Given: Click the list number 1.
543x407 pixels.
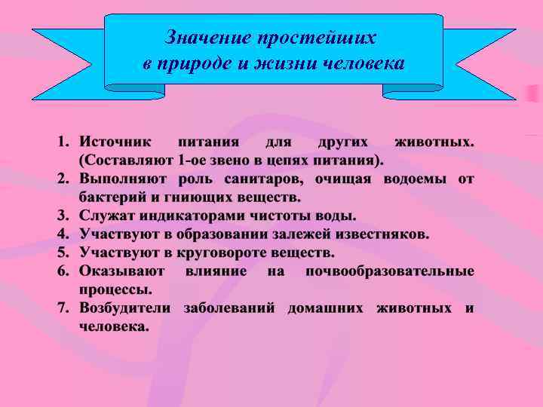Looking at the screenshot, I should (62, 142).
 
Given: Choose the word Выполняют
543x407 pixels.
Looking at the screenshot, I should (123, 179).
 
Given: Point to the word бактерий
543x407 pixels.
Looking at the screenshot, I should (112, 197).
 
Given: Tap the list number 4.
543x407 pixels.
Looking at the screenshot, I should (62, 234).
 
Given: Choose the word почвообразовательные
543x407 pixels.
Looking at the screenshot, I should (389, 271).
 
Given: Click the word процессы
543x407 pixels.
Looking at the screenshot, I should (115, 289).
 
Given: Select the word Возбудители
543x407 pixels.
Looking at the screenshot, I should (126, 308).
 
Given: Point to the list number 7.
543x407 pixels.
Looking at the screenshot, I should (62, 308).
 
